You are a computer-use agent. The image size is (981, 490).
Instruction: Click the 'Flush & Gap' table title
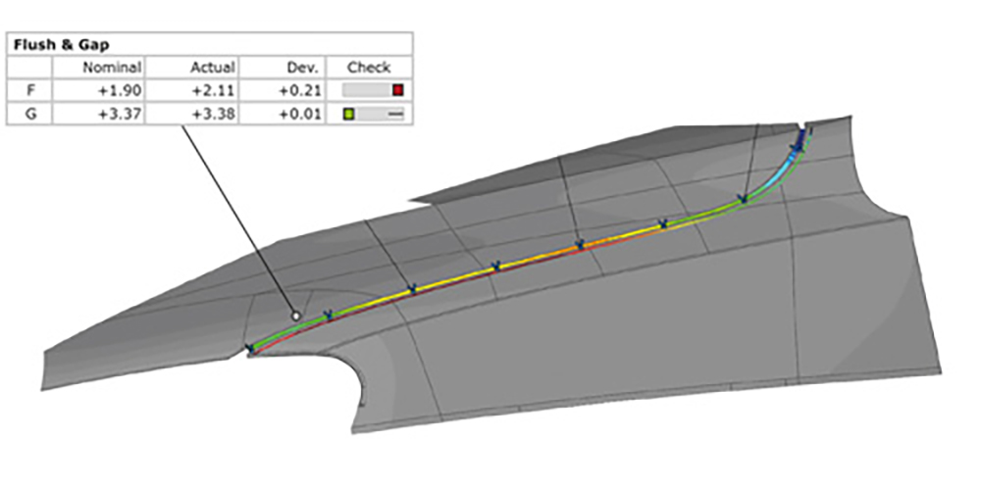click(x=61, y=45)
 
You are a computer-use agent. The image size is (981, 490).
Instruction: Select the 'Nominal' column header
click(x=113, y=68)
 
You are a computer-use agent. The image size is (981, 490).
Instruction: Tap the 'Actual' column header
click(x=213, y=68)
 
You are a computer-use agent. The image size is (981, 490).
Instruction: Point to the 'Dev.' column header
click(x=306, y=68)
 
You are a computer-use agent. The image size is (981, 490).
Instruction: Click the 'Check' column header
click(x=369, y=68)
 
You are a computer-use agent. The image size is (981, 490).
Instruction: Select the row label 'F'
click(x=29, y=90)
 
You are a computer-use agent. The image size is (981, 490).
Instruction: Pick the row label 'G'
click(x=29, y=115)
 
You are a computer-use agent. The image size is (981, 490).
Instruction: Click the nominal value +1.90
click(x=120, y=90)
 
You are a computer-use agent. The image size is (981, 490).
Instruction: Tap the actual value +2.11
click(x=213, y=90)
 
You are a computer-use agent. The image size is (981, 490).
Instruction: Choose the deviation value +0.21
click(x=299, y=90)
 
